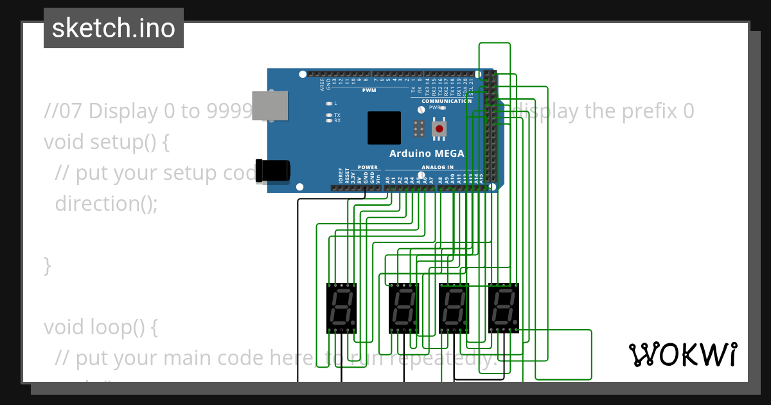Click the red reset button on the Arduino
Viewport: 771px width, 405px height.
click(x=439, y=129)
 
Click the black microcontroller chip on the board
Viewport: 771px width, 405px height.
click(x=384, y=128)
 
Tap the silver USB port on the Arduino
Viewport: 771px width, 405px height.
click(x=270, y=105)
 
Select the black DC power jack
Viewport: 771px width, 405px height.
click(x=272, y=170)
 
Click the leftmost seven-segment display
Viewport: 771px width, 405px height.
click(x=342, y=307)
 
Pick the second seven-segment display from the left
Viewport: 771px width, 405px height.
click(x=404, y=307)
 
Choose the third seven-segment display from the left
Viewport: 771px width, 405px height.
click(x=454, y=307)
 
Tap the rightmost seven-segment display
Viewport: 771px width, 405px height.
click(x=504, y=307)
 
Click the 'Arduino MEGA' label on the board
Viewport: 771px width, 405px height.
click(x=427, y=154)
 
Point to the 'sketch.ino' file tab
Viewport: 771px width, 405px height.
click(x=114, y=28)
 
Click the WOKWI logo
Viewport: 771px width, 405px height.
click(x=682, y=354)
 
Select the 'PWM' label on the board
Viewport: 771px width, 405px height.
click(x=369, y=91)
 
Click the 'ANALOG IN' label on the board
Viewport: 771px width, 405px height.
click(x=437, y=167)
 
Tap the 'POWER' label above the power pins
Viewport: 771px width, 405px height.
click(x=368, y=167)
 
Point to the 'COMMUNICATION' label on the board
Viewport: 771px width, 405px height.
click(x=447, y=101)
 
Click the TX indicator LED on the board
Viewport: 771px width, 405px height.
click(x=329, y=115)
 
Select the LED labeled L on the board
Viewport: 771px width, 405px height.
click(x=329, y=103)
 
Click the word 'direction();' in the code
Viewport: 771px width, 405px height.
click(x=106, y=204)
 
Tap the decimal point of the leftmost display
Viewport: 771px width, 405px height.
click(x=353, y=323)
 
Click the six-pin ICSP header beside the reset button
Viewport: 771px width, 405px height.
click(x=418, y=129)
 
